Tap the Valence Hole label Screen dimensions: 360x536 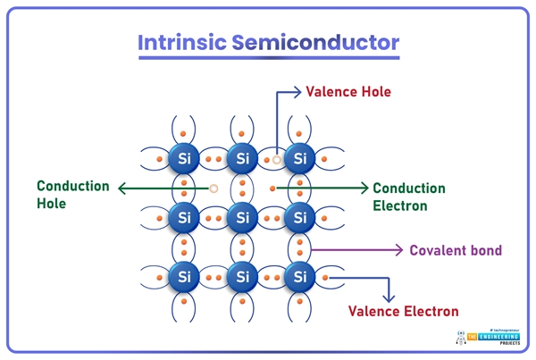(x=348, y=91)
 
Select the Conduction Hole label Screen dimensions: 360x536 (x=72, y=194)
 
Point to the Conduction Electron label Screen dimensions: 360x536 (x=408, y=197)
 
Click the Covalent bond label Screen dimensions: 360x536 (x=456, y=250)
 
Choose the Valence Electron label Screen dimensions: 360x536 (x=404, y=311)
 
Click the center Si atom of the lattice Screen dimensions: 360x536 (x=241, y=217)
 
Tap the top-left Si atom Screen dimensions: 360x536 (x=184, y=159)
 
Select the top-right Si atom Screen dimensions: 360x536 (x=300, y=159)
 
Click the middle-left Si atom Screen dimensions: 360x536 (x=184, y=217)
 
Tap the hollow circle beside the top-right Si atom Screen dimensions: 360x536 (x=278, y=159)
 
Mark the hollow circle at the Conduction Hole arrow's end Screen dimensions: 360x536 (x=214, y=188)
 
